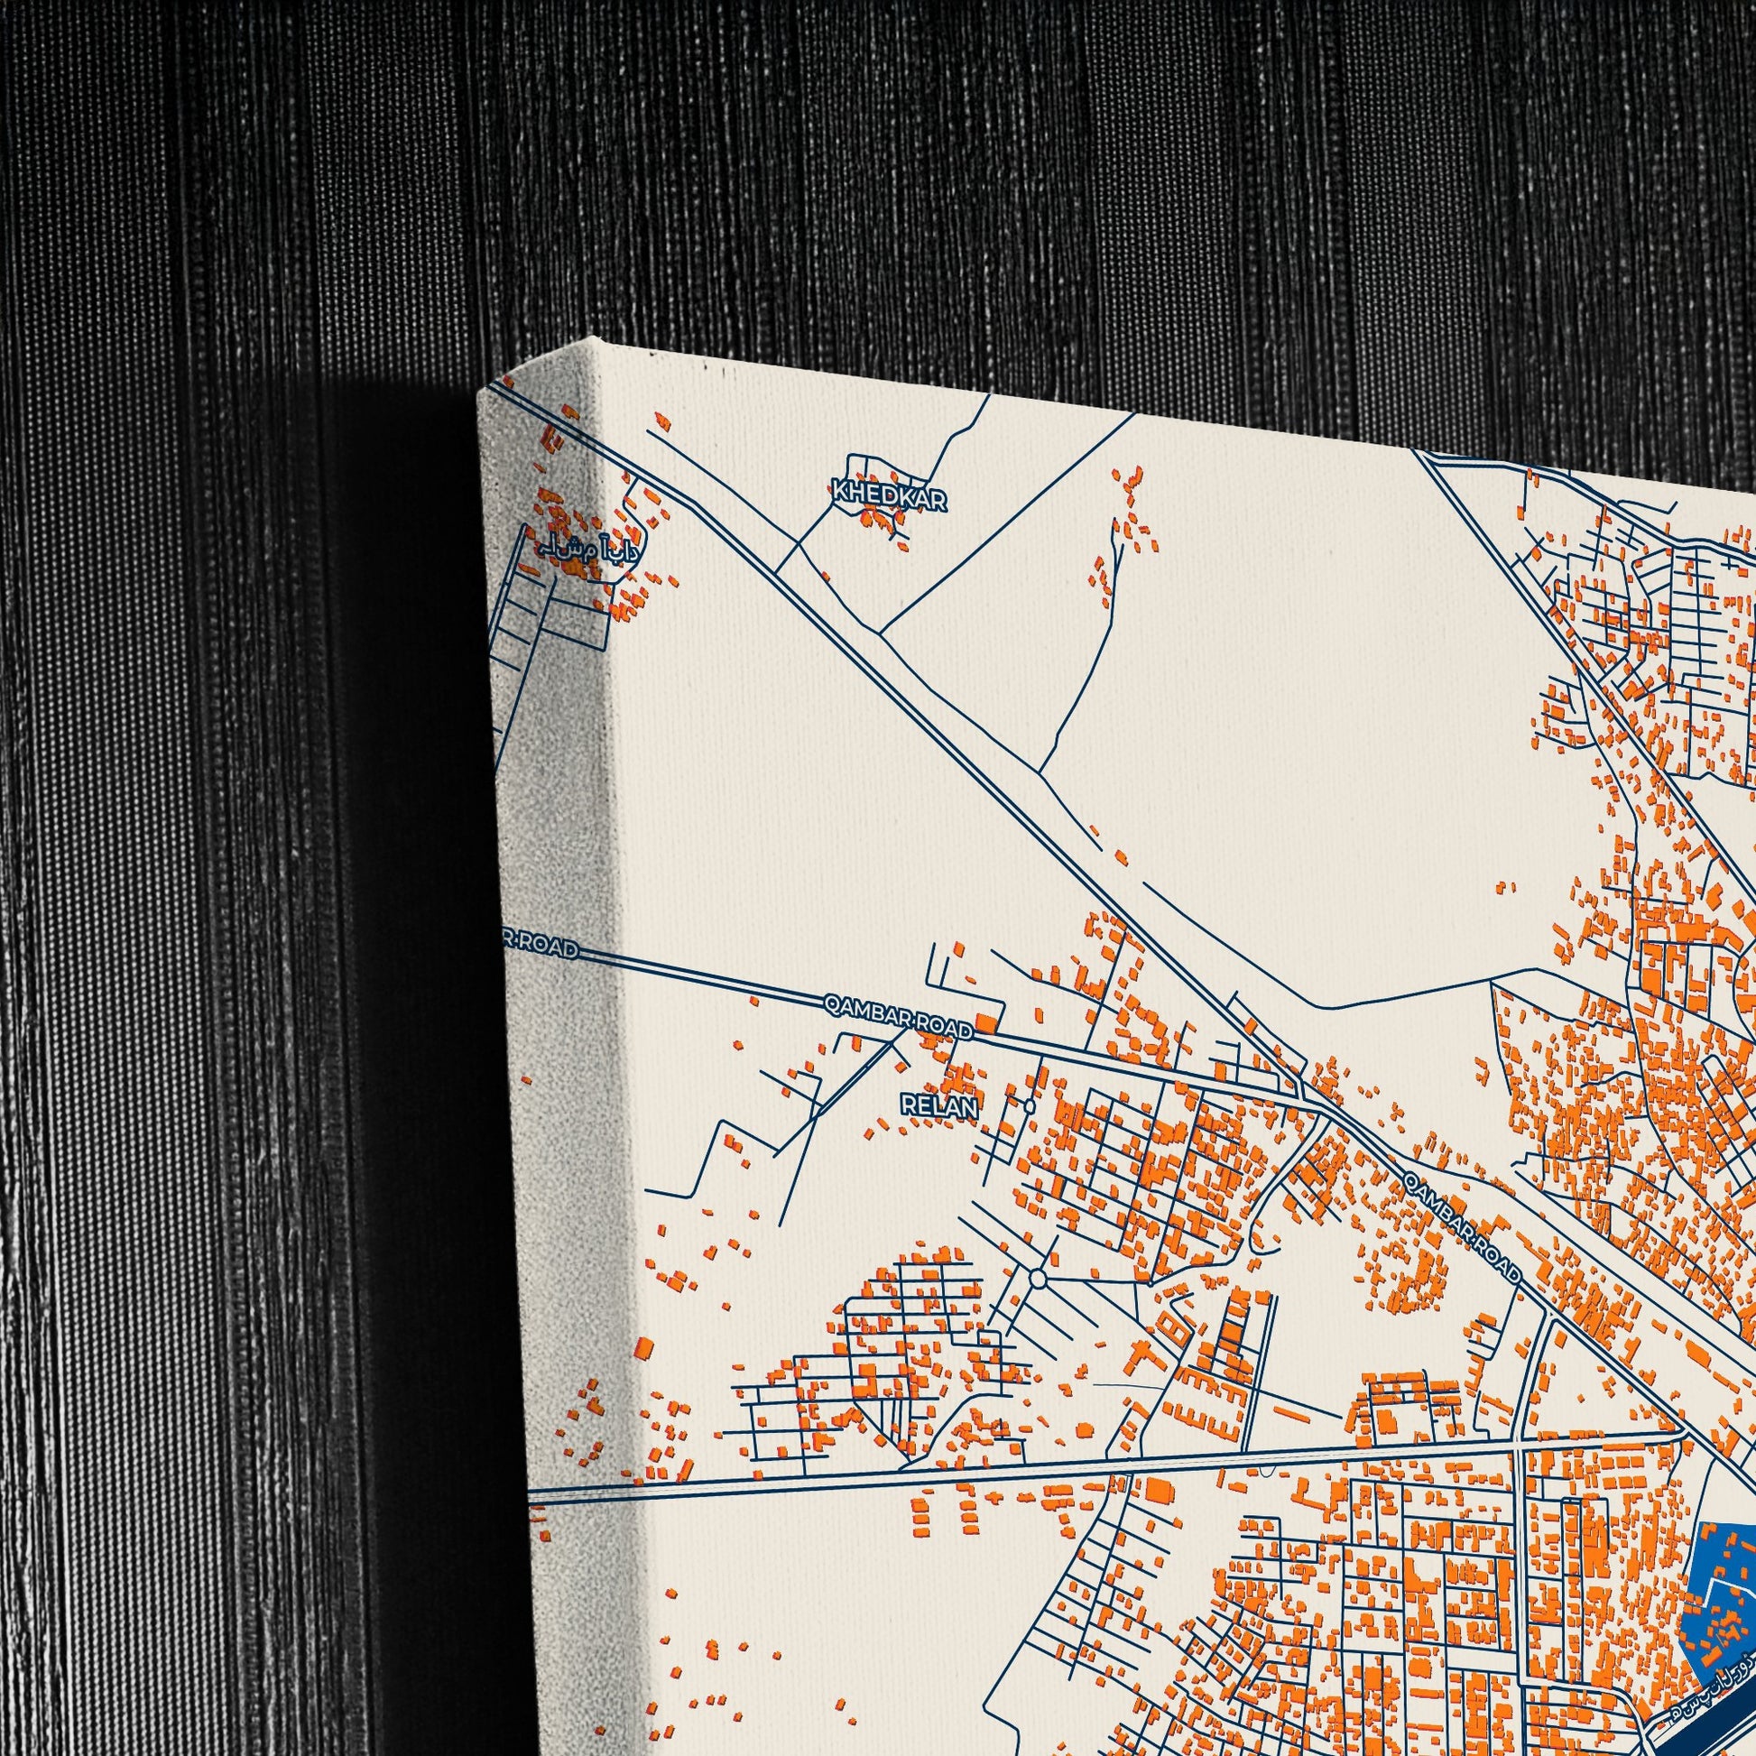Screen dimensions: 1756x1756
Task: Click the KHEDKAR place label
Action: [889, 497]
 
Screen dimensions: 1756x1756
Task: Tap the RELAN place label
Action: [938, 1106]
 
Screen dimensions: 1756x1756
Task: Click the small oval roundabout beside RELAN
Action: [1028, 1106]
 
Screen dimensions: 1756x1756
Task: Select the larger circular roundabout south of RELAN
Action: [1038, 1279]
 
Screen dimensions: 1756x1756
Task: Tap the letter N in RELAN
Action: [969, 1107]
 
